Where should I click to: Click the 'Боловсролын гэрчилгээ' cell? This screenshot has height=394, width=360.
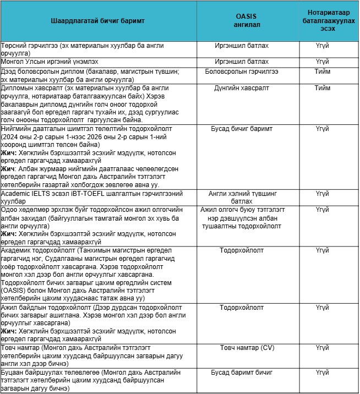(242, 72)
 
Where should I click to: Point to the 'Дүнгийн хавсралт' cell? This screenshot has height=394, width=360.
(242, 88)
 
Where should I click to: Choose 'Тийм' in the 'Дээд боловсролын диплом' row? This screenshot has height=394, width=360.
(322, 72)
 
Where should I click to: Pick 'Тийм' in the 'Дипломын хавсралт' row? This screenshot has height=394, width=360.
(322, 88)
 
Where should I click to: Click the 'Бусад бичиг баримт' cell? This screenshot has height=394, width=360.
(242, 129)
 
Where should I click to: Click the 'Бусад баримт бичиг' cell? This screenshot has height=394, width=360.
(242, 373)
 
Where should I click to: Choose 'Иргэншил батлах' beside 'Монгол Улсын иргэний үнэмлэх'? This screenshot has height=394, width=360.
(242, 62)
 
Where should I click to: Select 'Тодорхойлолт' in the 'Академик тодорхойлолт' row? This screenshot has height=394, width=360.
(242, 250)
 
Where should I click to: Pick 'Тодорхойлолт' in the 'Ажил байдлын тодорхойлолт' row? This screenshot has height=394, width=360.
(242, 307)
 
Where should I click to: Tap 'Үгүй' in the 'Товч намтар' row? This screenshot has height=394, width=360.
(322, 348)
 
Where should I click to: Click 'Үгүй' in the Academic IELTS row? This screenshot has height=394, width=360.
(322, 194)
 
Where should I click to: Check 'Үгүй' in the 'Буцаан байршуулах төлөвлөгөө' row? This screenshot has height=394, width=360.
(322, 373)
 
